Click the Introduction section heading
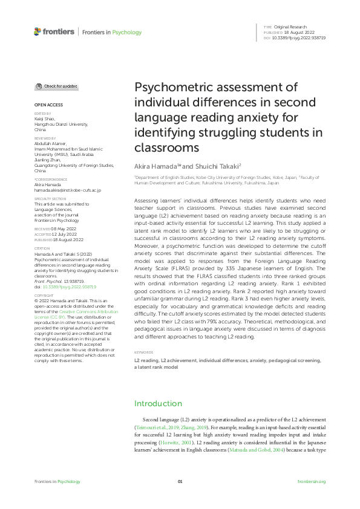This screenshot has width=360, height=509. click(157, 403)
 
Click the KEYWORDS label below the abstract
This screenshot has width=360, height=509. click(144, 351)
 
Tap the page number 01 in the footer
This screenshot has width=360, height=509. click(180, 481)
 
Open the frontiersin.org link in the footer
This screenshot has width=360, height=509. click(312, 481)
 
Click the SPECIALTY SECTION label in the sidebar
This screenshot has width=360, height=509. click(50, 198)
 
